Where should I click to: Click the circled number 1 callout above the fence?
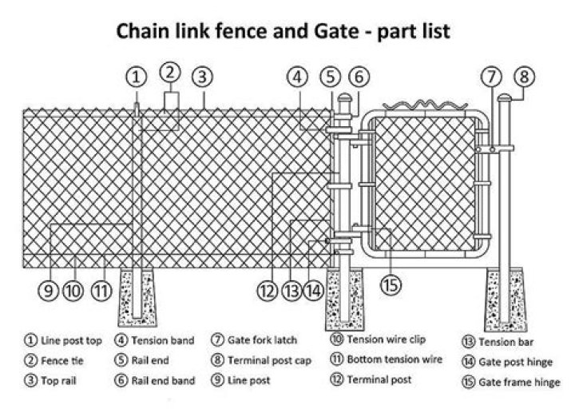click(x=137, y=77)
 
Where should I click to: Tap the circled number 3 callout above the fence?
click(x=203, y=77)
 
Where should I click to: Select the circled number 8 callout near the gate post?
click(x=523, y=77)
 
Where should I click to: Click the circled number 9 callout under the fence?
click(x=50, y=290)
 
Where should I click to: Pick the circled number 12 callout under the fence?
click(x=267, y=290)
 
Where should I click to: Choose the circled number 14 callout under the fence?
click(x=314, y=290)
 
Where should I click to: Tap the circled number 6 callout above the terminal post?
click(x=359, y=77)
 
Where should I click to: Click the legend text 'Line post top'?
click(x=71, y=340)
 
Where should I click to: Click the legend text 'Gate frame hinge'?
click(x=519, y=382)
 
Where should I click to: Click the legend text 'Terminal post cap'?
click(x=268, y=360)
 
